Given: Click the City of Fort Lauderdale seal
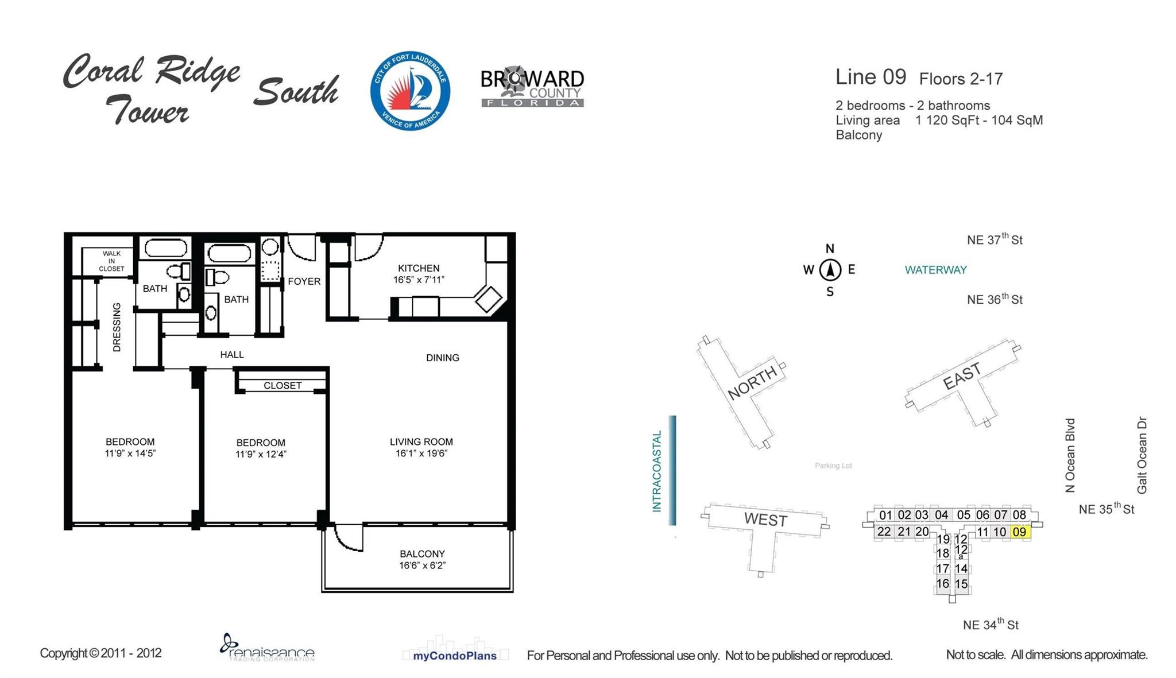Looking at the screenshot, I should [410, 91].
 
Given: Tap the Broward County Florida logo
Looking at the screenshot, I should [532, 88].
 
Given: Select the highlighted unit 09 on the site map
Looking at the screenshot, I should [1019, 532].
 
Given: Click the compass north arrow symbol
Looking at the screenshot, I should [830, 270].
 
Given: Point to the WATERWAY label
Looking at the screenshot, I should [935, 270].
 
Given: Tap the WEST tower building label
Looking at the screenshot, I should [765, 520].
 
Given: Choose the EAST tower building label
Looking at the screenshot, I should [962, 377].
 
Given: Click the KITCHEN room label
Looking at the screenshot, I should [419, 268].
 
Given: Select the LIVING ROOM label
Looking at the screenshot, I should [421, 441].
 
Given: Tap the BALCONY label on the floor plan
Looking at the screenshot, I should [422, 554].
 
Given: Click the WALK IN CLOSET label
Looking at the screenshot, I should [111, 261].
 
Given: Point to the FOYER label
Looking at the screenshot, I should [304, 281].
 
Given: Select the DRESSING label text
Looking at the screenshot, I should [117, 327].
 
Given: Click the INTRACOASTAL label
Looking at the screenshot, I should [657, 471].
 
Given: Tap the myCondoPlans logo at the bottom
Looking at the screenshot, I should [455, 655].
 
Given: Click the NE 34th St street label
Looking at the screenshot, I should [991, 625].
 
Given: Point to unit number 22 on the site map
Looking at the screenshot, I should [884, 532].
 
